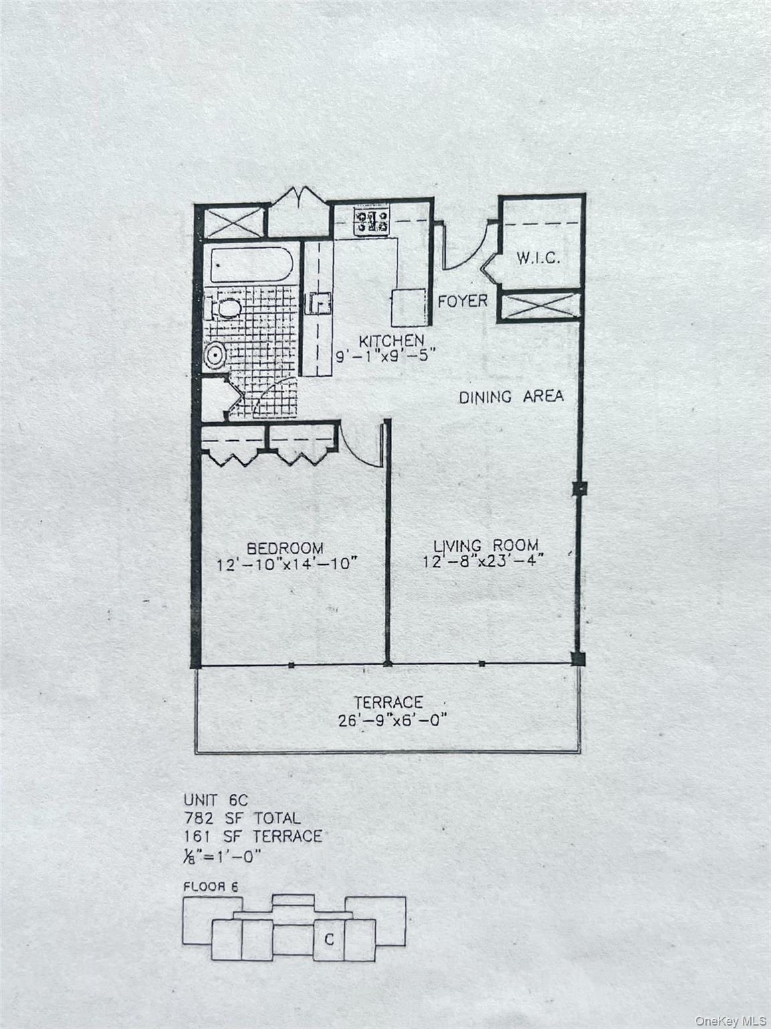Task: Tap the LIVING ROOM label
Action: (x=485, y=545)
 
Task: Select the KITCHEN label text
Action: (x=391, y=341)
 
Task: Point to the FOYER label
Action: (x=462, y=301)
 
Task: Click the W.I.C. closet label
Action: (x=537, y=259)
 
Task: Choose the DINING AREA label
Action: (x=511, y=397)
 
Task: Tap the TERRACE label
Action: (x=388, y=703)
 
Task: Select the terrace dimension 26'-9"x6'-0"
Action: (x=392, y=720)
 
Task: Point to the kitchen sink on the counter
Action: (x=319, y=303)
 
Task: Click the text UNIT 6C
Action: (x=210, y=799)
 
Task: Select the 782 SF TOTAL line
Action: (x=242, y=818)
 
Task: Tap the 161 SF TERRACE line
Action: (x=252, y=836)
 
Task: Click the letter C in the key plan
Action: (x=329, y=940)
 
